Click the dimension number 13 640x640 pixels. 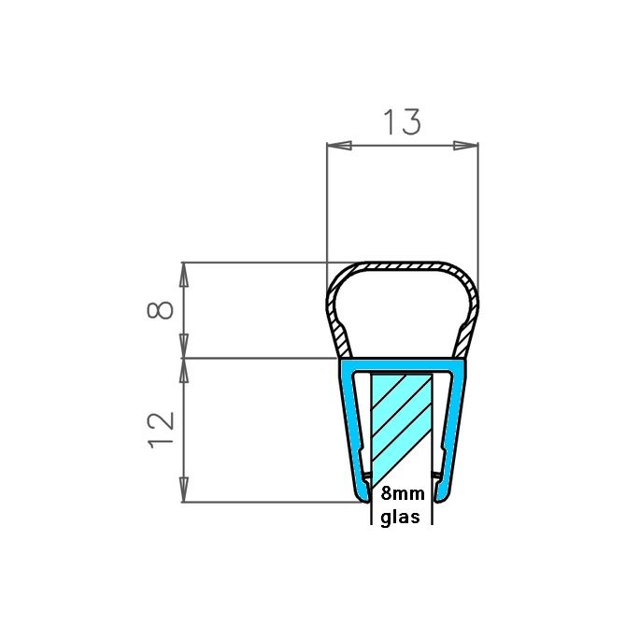point(403,121)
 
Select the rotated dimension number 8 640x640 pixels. point(162,309)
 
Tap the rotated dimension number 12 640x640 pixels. point(162,429)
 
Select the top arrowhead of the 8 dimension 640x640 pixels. point(184,272)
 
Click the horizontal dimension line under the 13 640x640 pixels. point(402,146)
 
